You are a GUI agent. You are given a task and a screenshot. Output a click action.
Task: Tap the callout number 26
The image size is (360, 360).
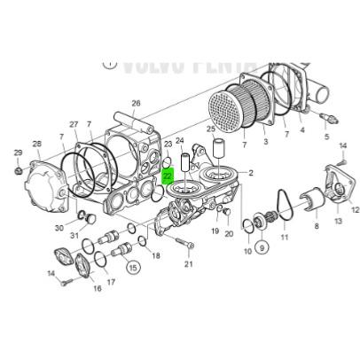[x=136, y=104]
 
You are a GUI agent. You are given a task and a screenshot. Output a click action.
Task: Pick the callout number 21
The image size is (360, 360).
[x=188, y=264]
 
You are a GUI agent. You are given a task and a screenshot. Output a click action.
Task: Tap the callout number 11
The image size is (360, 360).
[x=285, y=239]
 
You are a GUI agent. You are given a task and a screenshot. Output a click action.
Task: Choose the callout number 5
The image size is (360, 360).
[x=325, y=137]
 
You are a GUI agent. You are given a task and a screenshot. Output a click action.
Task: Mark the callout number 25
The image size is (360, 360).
[x=211, y=131]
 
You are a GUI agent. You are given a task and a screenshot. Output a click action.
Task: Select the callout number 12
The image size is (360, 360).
[x=355, y=210]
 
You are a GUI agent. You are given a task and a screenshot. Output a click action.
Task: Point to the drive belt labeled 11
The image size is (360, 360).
[x=284, y=206]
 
